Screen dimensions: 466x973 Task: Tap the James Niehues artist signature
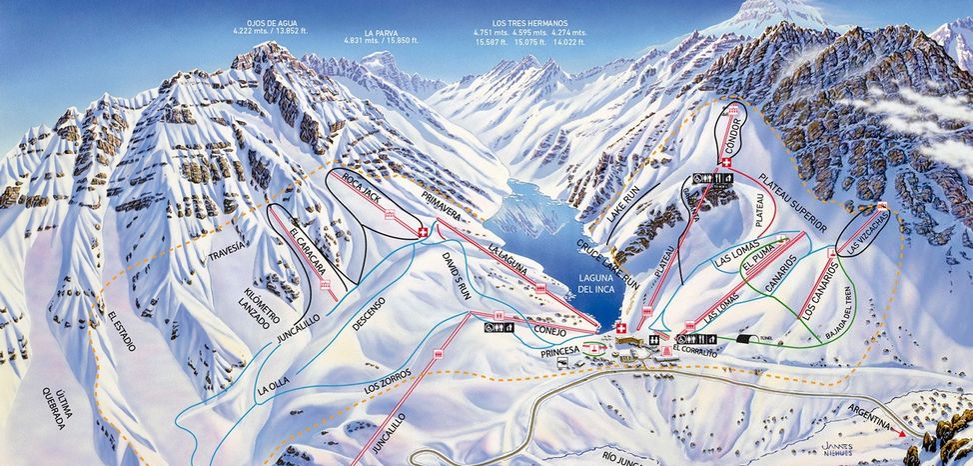[833, 445]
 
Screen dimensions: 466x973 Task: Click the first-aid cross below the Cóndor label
[725, 163]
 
